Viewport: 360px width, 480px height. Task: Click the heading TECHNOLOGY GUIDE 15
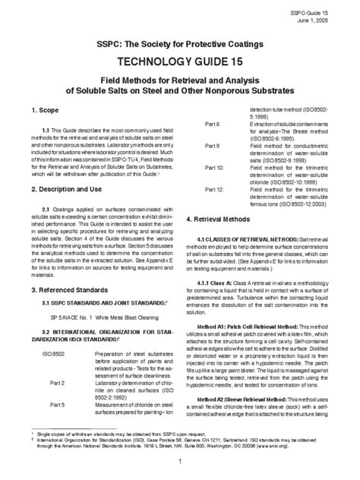point(180,59)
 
